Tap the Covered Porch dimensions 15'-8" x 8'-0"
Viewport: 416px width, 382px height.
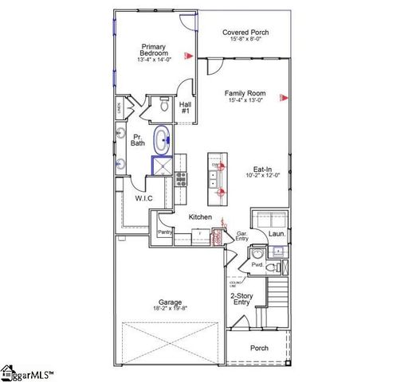pos(245,40)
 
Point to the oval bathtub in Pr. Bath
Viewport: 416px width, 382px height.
pos(162,140)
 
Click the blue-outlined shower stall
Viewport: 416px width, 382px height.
pos(163,165)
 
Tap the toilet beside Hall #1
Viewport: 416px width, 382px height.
pos(163,104)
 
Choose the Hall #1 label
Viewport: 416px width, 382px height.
pos(185,107)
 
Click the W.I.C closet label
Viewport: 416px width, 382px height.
pos(143,197)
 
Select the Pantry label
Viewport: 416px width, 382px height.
pos(166,232)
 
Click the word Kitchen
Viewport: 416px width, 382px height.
pos(200,216)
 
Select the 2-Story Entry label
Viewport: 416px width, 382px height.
pos(241,298)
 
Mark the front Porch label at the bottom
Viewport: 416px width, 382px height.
pos(259,348)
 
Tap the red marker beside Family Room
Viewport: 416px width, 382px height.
pos(282,98)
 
